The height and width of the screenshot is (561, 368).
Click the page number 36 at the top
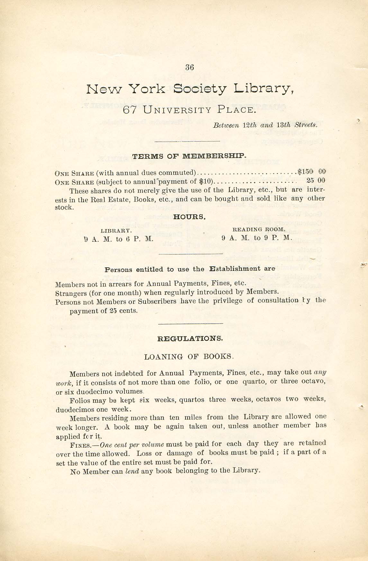point(190,67)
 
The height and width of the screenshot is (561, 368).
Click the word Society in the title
point(200,89)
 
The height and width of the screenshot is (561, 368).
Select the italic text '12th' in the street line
point(248,125)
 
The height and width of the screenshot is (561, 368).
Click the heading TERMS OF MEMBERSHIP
point(189,156)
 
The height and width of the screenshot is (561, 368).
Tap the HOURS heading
point(189,217)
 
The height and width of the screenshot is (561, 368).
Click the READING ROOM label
point(258,229)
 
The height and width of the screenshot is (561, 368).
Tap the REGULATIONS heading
point(190,338)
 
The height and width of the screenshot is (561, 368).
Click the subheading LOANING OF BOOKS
point(189,357)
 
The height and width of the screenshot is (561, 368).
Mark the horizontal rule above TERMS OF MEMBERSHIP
point(187,141)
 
